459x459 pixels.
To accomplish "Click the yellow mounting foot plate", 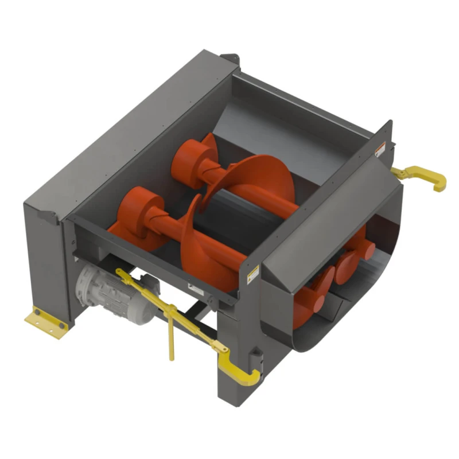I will pyautogui.click(x=45, y=325).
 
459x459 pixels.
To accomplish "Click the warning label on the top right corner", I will pyautogui.click(x=378, y=151).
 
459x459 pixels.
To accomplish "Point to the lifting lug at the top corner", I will pyautogui.click(x=232, y=57).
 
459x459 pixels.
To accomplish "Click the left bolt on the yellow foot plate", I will pyautogui.click(x=38, y=313).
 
